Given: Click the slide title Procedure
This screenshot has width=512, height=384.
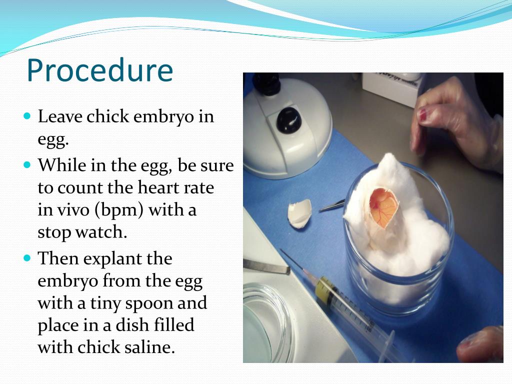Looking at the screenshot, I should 99,70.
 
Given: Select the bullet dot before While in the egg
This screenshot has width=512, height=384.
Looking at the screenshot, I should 27,164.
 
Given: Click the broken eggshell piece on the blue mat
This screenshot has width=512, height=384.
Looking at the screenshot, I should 299,213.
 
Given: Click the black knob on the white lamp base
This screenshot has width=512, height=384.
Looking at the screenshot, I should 288,120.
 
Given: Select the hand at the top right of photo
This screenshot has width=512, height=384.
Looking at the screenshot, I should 455,120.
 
